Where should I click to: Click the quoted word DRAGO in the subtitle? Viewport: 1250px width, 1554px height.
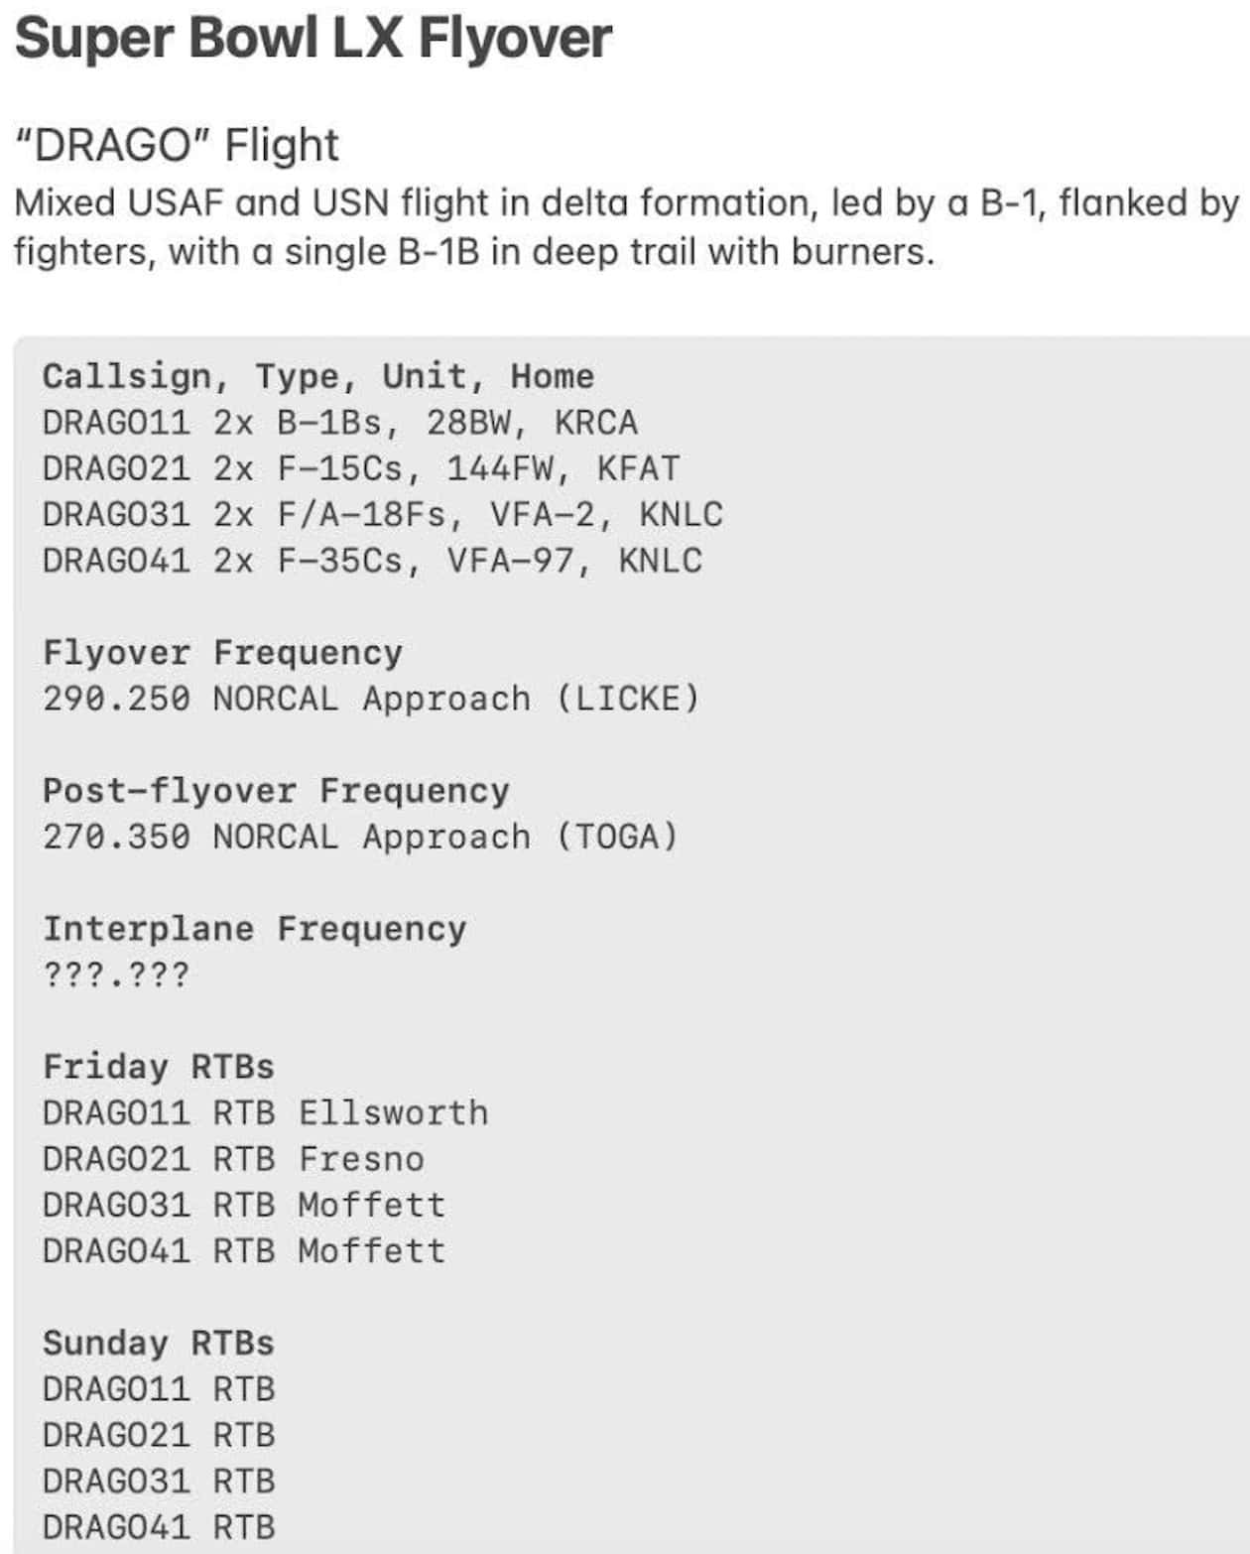click(111, 146)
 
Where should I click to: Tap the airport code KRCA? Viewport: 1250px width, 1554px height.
click(595, 423)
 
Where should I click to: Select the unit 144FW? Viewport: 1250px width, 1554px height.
click(509, 468)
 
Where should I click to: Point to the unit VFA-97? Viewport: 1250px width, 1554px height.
click(509, 561)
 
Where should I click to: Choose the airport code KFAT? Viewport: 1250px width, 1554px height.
click(638, 468)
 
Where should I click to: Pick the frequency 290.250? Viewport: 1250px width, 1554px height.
click(116, 699)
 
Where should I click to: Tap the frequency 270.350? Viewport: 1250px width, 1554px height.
click(116, 837)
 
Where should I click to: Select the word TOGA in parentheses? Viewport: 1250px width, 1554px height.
click(616, 837)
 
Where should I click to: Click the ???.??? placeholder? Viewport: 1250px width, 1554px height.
click(116, 974)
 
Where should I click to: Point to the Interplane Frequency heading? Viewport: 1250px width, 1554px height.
click(254, 929)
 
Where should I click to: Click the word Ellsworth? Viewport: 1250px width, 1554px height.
click(393, 1112)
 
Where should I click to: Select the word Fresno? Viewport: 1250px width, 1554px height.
click(361, 1158)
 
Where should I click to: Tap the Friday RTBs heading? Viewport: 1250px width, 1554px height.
click(159, 1067)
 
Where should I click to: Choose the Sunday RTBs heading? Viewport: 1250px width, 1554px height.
click(159, 1343)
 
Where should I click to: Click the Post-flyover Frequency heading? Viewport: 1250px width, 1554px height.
click(276, 791)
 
